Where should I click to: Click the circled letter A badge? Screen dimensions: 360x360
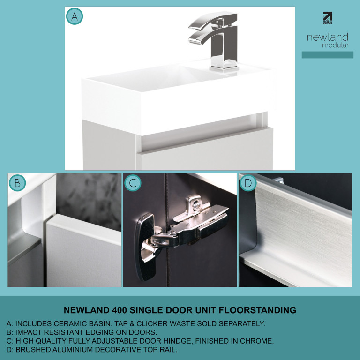pyautogui.click(x=75, y=16)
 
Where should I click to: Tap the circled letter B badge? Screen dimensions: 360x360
pyautogui.click(x=17, y=183)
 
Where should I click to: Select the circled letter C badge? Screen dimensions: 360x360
pyautogui.click(x=133, y=183)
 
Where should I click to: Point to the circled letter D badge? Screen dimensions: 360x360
pyautogui.click(x=248, y=183)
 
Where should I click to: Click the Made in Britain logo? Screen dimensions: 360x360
pyautogui.click(x=327, y=18)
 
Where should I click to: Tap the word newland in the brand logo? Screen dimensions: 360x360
pyautogui.click(x=328, y=37)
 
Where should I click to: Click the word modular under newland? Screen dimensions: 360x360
pyautogui.click(x=335, y=45)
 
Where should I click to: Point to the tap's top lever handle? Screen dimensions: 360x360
pyautogui.click(x=212, y=21)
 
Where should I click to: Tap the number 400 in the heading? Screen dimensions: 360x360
pyautogui.click(x=120, y=310)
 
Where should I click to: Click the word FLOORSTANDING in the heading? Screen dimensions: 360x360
pyautogui.click(x=257, y=310)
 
